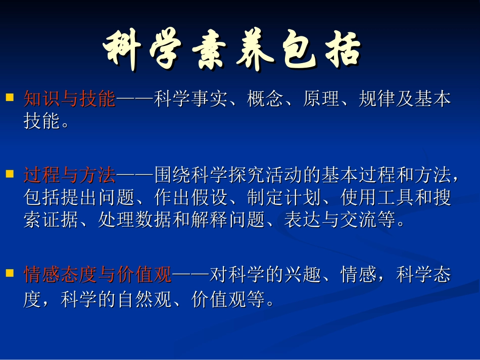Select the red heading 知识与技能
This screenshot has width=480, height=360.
click(x=70, y=99)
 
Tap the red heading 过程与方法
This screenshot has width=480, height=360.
click(x=70, y=175)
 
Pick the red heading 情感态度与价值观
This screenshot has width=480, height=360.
click(x=98, y=276)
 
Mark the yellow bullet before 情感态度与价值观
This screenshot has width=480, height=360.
click(x=9, y=272)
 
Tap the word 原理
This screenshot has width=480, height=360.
click(x=321, y=99)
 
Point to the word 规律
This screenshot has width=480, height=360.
click(x=377, y=99)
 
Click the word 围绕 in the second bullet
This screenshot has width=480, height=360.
click(x=172, y=175)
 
